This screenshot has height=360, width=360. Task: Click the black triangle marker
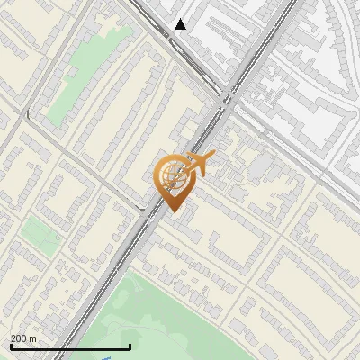(181, 24)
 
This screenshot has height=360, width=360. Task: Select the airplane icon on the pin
(197, 165)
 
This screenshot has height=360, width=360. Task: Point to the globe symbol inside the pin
(171, 179)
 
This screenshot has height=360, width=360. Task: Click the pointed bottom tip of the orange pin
(171, 211)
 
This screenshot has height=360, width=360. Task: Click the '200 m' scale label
(24, 338)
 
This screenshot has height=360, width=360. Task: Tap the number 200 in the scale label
(20, 338)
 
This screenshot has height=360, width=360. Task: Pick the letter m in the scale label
(33, 339)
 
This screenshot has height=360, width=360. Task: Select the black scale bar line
(70, 346)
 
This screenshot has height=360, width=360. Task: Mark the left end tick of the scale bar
(11, 346)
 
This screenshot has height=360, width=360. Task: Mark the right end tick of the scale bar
(130, 346)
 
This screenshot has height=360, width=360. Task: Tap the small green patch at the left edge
(36, 236)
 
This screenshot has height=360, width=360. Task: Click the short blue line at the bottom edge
(106, 358)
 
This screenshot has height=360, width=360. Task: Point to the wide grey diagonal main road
(117, 261)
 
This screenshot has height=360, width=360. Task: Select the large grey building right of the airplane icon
(260, 166)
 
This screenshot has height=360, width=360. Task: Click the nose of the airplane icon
(213, 158)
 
